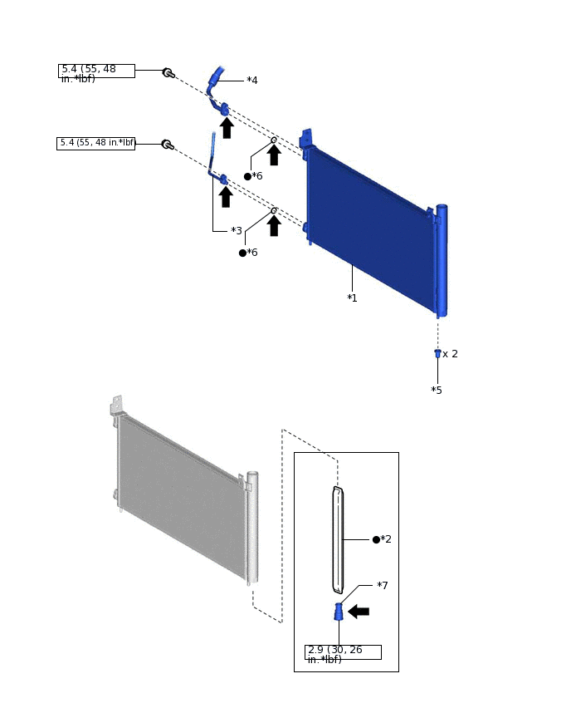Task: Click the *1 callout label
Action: (352, 297)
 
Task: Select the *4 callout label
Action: (251, 81)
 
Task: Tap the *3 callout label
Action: (236, 231)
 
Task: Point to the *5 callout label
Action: (437, 390)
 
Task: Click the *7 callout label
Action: (382, 586)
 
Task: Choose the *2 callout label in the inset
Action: (385, 539)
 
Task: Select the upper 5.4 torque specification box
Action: (96, 71)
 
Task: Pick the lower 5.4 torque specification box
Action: (96, 143)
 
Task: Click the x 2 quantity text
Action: (450, 354)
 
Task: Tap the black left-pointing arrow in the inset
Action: (359, 612)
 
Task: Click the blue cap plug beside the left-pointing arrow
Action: (339, 612)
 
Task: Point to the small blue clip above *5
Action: (437, 353)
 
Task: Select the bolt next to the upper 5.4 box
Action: (168, 73)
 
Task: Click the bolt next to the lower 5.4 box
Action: (168, 145)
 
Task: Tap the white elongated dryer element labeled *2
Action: (338, 539)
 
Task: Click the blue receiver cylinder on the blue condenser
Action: (442, 260)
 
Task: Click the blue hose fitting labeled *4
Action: (215, 79)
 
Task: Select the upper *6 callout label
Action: (256, 176)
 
